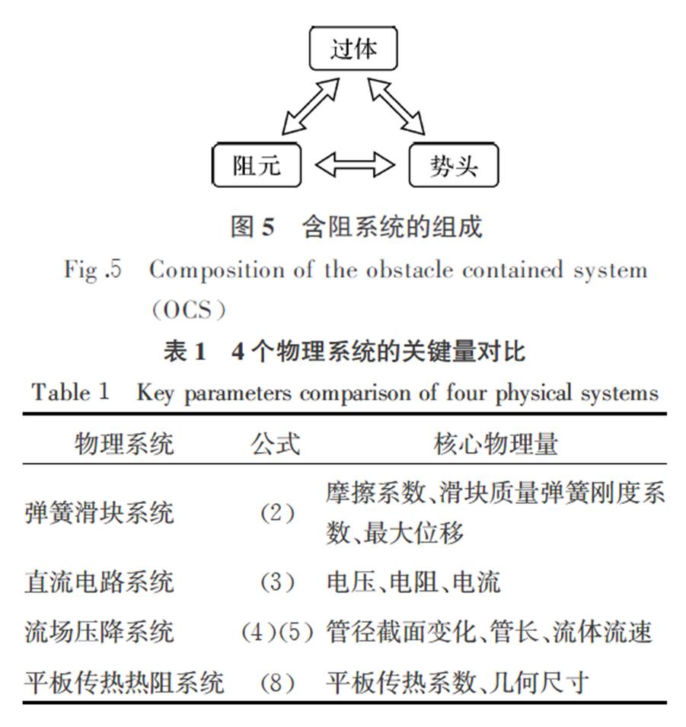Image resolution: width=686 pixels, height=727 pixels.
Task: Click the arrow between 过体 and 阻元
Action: tap(311, 106)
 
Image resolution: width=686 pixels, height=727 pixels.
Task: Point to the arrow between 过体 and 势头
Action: tap(396, 106)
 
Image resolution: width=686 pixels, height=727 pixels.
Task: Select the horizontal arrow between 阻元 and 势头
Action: tap(355, 165)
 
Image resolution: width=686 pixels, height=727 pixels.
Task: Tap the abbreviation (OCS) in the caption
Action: tap(189, 310)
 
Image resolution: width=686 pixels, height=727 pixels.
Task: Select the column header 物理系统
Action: tap(124, 444)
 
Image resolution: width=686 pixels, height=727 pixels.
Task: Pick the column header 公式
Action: tap(276, 444)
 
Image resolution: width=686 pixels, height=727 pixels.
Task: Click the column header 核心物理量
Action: tap(496, 444)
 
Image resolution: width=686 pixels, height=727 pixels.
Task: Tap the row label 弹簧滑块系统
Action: tap(99, 513)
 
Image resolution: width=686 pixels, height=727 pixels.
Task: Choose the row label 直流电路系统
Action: tap(99, 582)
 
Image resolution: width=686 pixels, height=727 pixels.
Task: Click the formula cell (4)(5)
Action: tap(277, 632)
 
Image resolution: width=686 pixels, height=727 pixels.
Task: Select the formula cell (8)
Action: tap(277, 683)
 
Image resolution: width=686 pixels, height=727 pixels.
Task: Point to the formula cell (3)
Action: tap(277, 582)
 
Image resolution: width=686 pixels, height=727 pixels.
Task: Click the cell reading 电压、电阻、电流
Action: tap(413, 582)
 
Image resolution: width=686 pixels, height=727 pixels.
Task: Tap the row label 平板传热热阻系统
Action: tap(124, 683)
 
